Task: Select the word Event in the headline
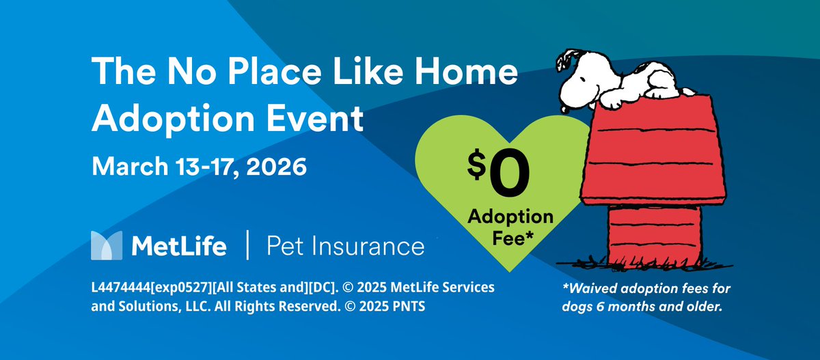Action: pos(320,120)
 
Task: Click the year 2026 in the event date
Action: pos(272,167)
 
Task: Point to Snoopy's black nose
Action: pos(566,108)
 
